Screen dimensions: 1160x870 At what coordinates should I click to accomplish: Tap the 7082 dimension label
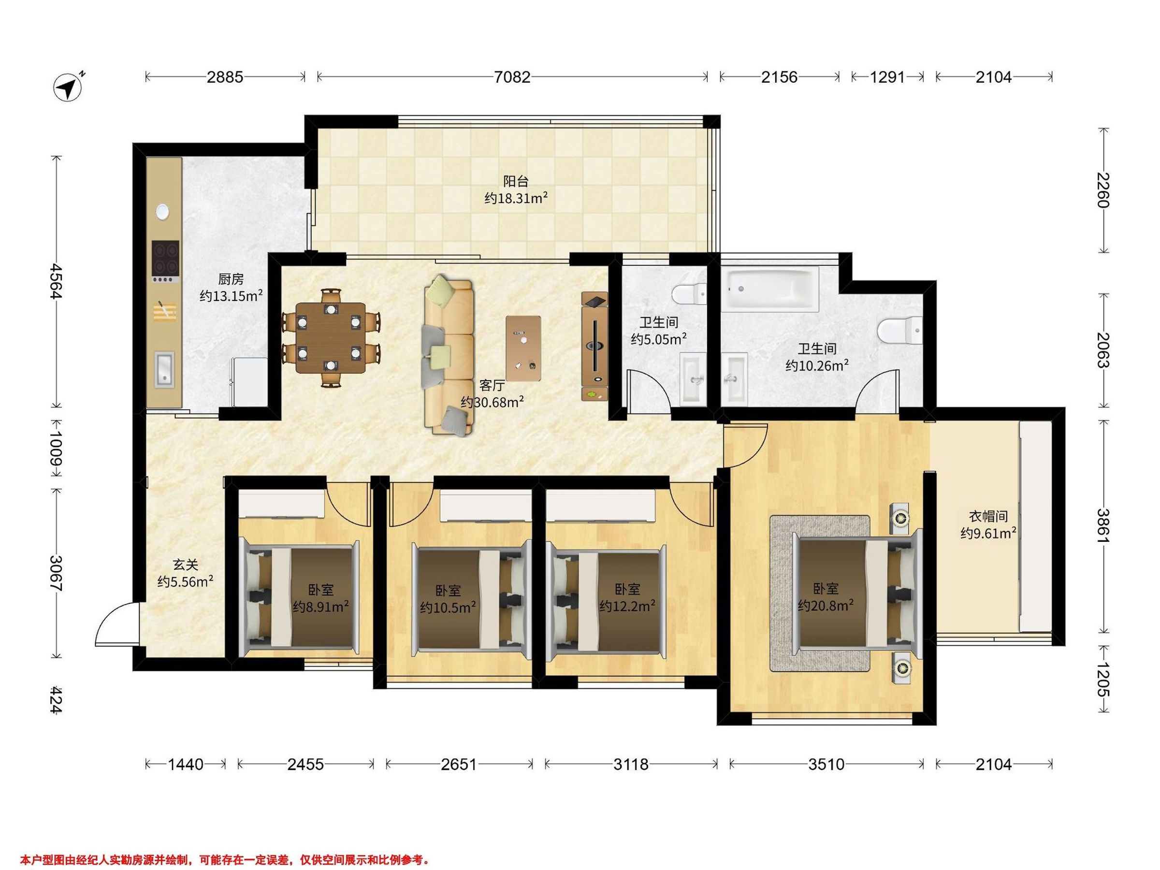click(x=512, y=77)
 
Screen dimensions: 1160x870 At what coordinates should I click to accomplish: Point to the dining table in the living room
click(x=331, y=338)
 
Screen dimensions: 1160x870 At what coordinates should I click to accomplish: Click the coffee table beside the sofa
click(x=523, y=348)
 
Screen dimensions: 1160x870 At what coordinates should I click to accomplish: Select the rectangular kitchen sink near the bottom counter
click(x=164, y=370)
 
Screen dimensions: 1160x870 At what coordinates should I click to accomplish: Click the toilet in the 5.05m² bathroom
click(x=689, y=294)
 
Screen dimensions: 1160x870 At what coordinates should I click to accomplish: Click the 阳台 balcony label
click(x=516, y=181)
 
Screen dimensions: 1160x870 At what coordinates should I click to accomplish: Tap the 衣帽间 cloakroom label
click(x=988, y=517)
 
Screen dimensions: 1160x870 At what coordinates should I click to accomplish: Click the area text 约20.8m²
click(x=826, y=606)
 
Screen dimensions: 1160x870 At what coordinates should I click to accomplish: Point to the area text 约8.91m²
click(x=321, y=607)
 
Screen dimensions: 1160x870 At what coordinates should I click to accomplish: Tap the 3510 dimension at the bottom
click(x=826, y=765)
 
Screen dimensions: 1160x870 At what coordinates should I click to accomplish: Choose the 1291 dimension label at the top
click(x=887, y=77)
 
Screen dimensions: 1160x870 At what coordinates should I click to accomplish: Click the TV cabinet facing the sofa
click(x=594, y=347)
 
